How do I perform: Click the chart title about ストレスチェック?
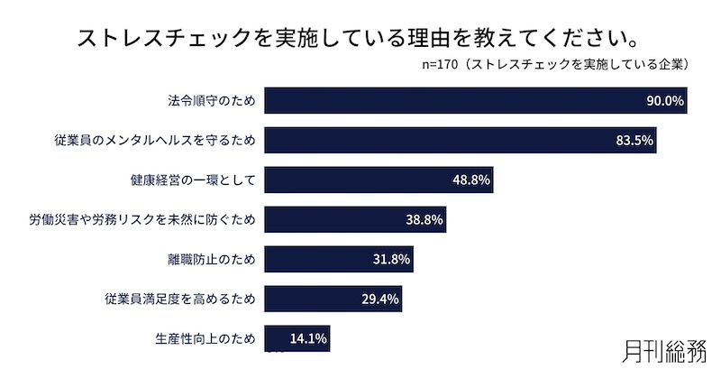pos(360,39)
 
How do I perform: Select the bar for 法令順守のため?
pos(451,101)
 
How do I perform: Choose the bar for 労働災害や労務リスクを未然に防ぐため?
pos(333,220)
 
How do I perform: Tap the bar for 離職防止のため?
pos(315,260)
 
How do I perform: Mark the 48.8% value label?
pos(470,180)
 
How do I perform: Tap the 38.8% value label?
pos(424,220)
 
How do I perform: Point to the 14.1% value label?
pos(308,339)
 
